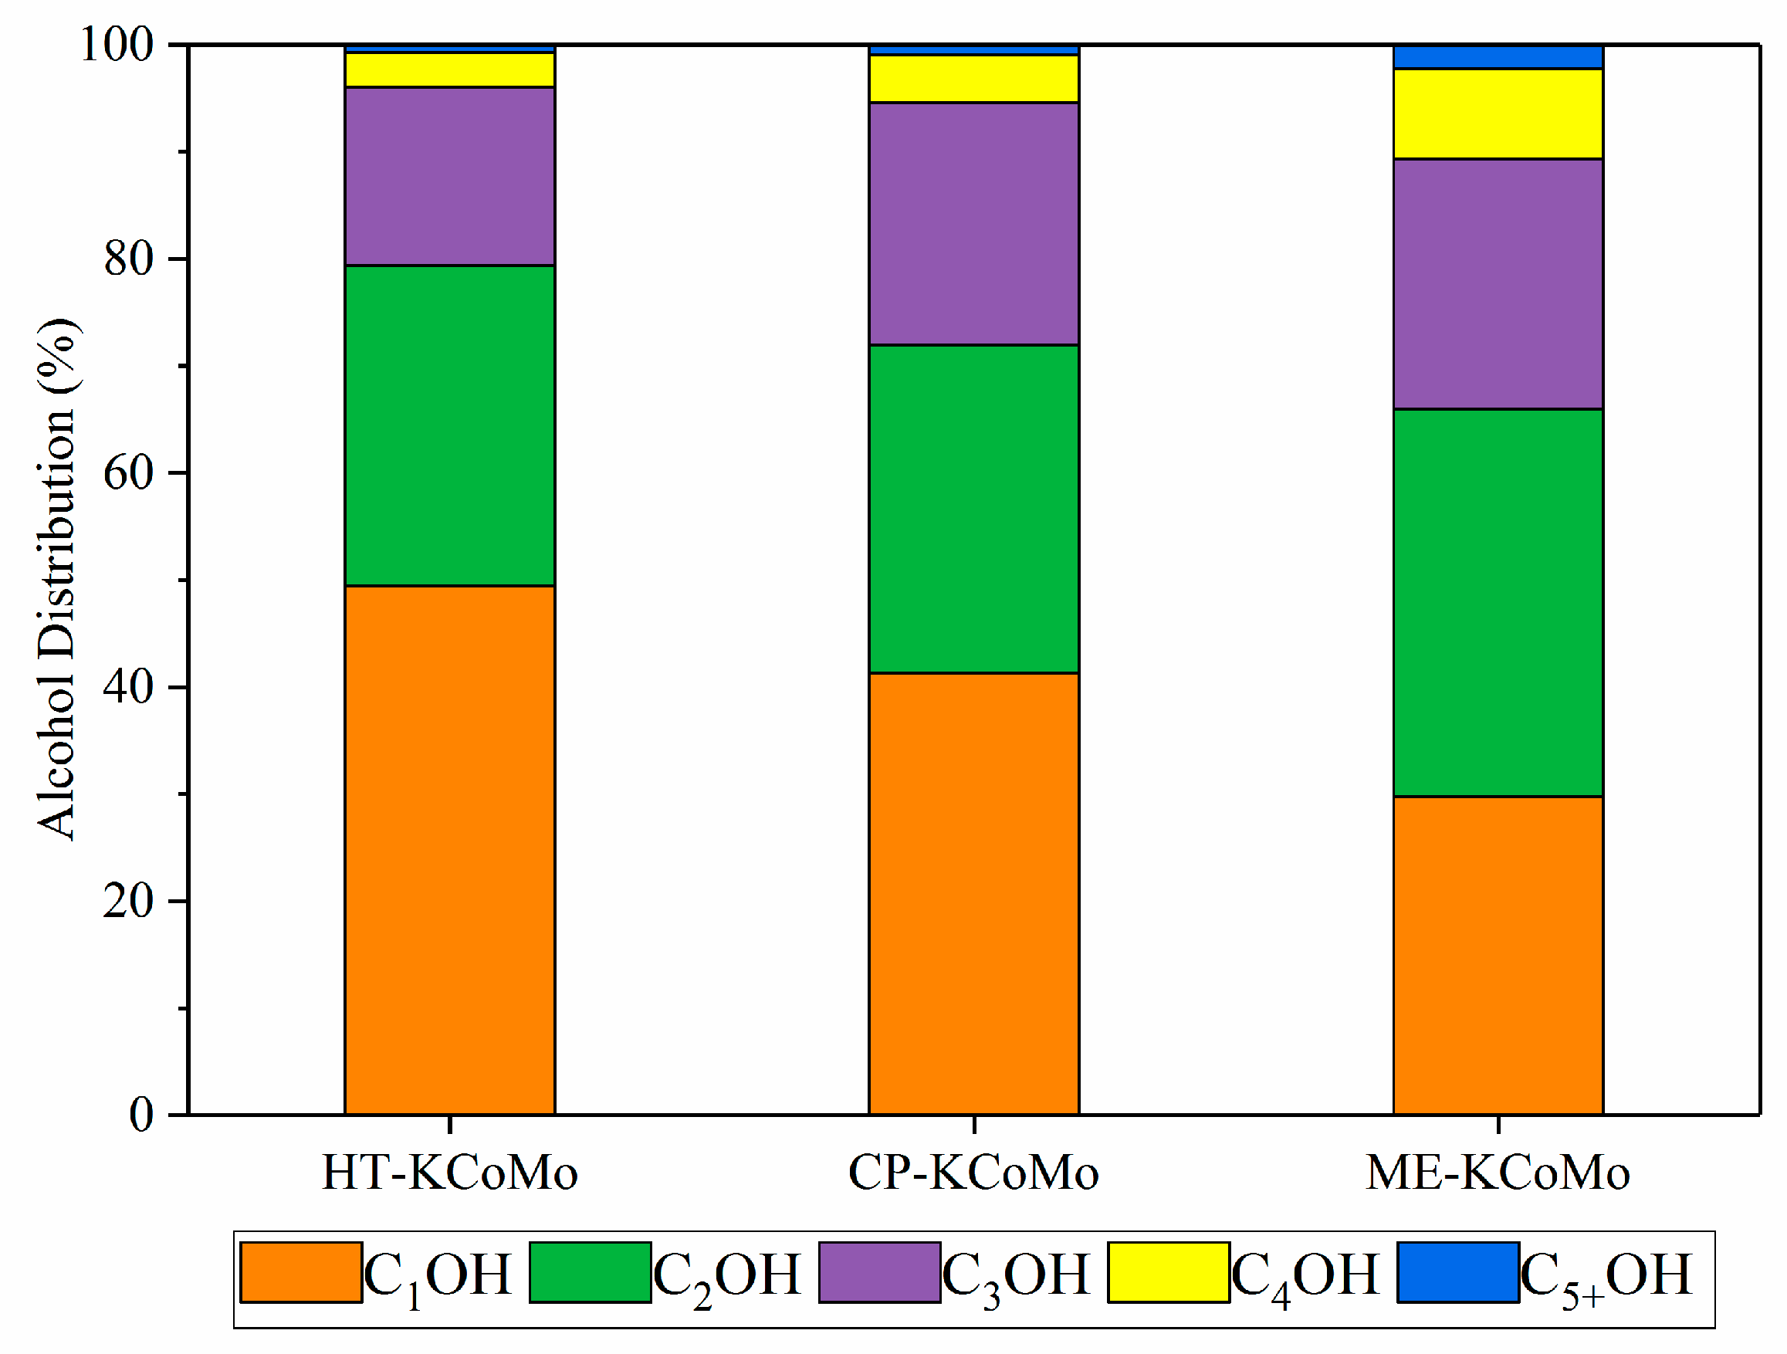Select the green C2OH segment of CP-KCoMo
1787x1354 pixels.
pos(974,509)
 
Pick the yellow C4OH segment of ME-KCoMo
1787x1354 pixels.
pos(1498,114)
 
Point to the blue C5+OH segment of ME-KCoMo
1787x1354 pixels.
pos(1498,57)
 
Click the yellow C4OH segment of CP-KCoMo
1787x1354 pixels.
pos(974,79)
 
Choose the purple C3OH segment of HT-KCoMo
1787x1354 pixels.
pos(450,176)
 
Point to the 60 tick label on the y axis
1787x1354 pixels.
pos(129,473)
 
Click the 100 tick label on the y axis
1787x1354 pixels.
pos(118,46)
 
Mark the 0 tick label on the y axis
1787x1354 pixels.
pos(141,1115)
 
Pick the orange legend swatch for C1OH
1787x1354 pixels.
pos(301,1272)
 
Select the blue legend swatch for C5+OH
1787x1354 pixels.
pos(1458,1272)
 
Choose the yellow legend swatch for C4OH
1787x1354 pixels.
pos(1168,1272)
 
